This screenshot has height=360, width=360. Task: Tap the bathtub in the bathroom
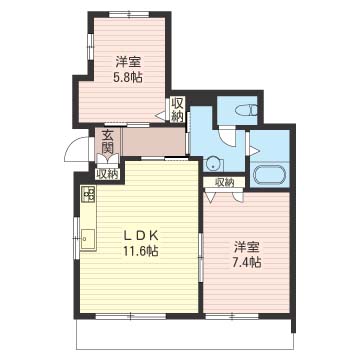point(270,175)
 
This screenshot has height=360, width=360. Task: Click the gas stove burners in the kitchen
point(88,193)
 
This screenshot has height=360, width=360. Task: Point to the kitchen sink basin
point(88,239)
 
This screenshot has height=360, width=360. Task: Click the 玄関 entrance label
point(107,143)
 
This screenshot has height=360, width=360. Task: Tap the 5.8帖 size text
point(129,78)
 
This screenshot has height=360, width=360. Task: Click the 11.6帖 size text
point(141,250)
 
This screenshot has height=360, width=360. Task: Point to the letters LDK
point(141,236)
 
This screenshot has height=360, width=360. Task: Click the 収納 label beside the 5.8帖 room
point(177,110)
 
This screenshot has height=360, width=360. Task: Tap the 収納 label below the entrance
point(107,174)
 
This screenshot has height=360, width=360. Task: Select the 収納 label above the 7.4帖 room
point(224,182)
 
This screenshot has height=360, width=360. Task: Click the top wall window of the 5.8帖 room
point(130,14)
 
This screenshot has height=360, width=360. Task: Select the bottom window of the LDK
point(130,315)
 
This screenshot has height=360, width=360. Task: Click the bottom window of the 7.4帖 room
point(232,315)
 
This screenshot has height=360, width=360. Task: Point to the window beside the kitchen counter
point(76,238)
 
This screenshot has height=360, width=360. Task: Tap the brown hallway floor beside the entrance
point(154,142)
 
